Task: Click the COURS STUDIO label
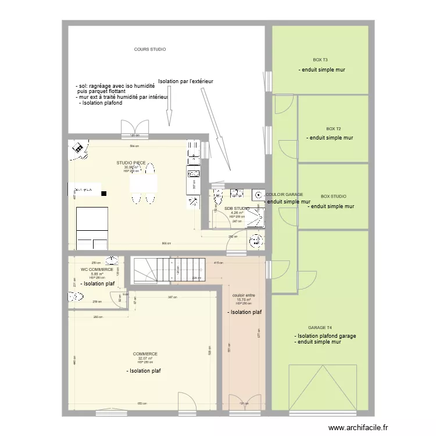149,49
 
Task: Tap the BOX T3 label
320,60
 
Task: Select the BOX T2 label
333,128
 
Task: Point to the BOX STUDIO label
333,196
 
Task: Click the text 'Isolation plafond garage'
326,336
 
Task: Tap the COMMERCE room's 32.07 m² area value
145,358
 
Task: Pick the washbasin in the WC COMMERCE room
112,260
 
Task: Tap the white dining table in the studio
144,184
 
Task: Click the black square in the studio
104,193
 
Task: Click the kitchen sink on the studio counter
193,173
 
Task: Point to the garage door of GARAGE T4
322,387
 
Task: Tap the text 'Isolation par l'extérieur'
185,81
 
